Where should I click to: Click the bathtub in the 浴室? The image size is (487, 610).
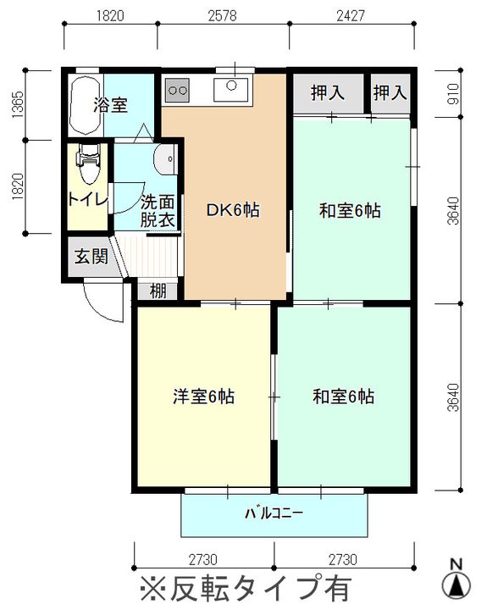86,105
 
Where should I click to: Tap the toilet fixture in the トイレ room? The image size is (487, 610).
89,164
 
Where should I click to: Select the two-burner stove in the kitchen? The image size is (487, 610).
177,91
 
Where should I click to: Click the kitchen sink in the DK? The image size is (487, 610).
231,90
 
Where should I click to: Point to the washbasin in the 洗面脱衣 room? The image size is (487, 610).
165,159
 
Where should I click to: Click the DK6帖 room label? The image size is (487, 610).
233,210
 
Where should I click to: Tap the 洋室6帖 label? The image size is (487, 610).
203,396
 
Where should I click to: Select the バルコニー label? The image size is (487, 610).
274,513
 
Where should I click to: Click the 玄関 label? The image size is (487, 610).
91,257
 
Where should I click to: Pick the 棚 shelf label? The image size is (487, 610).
158,291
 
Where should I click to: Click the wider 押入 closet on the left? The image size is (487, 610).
328,93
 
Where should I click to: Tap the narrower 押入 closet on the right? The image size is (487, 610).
390,93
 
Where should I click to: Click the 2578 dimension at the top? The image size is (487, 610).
222,15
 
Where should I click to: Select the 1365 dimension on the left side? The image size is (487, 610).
18,105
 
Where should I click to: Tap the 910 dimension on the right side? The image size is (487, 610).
454,94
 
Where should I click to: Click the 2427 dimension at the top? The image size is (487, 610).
351,15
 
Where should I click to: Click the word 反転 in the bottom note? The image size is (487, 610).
196,587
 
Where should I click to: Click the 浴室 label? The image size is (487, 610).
110,105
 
